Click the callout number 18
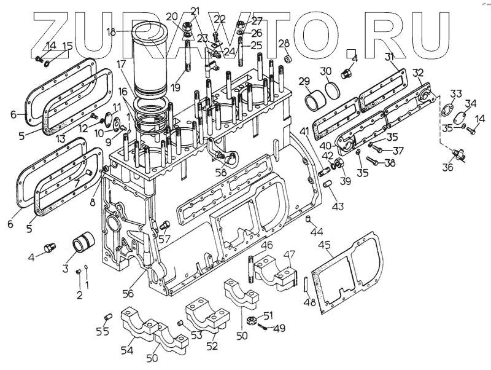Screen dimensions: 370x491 coord(111,31)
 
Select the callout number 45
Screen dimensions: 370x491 coord(325,246)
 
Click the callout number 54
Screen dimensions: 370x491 coord(127,350)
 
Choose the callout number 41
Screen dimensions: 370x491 coord(304,132)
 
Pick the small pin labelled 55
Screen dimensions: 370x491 coord(108,317)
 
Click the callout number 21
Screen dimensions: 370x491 coord(195,10)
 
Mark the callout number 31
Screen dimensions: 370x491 coord(390,57)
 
